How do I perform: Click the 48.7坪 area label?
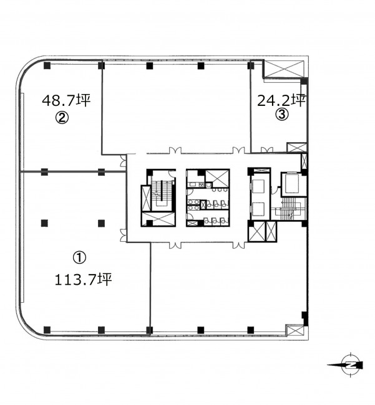pos(66,100)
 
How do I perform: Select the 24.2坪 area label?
pos(281,100)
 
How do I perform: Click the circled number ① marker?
pos(79,258)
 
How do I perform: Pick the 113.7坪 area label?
pos(83,279)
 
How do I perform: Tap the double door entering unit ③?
pos(267,150)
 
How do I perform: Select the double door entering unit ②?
pos(123,160)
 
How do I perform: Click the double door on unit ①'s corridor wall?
pos(123,236)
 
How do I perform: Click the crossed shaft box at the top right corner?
pos(285,69)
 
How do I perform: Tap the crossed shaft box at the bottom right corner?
pos(295,330)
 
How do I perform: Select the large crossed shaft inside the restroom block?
pos(217,178)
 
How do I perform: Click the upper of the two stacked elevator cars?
pos(258,186)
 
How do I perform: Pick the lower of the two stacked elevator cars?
pos(258,209)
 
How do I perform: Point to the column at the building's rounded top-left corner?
pos(47,65)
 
